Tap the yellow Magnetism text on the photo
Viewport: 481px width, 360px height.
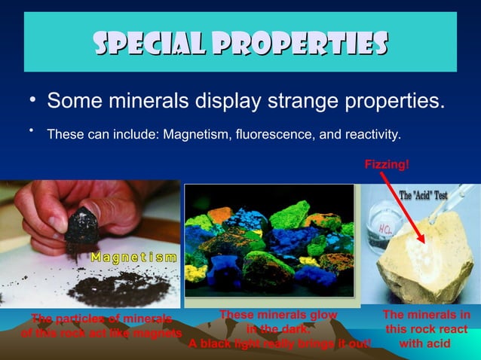[x=134, y=258]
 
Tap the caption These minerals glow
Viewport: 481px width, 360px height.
[x=278, y=316]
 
